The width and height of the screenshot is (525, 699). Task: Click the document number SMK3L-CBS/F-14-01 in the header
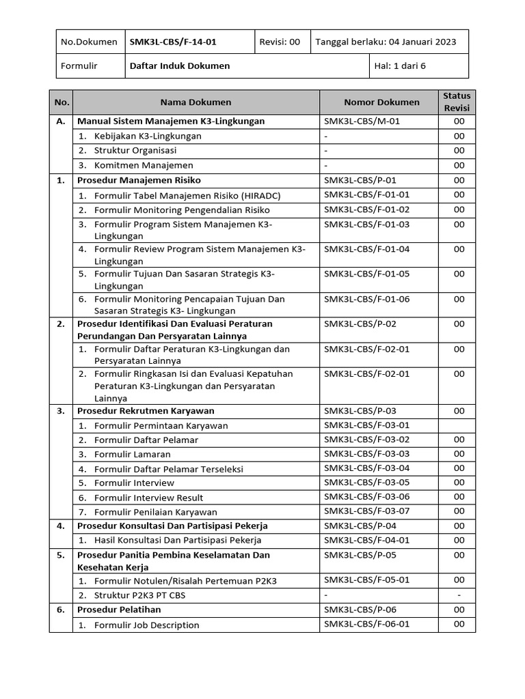point(173,42)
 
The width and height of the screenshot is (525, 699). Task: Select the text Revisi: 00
point(280,42)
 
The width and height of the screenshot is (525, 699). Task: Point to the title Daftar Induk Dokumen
point(180,66)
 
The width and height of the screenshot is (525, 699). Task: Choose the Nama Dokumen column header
point(196,102)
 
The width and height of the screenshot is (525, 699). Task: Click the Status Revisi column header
point(457,102)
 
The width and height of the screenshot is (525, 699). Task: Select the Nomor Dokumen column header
point(381,102)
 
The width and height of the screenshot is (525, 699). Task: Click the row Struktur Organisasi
point(135,150)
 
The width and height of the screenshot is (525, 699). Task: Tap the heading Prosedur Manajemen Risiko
point(139,180)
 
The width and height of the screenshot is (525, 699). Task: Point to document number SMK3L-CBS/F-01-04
point(366,249)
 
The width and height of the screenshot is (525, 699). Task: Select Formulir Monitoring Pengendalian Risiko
point(182,210)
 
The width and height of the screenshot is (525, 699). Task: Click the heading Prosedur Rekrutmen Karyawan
point(146,411)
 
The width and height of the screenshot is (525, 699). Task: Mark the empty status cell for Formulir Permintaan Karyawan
point(459,425)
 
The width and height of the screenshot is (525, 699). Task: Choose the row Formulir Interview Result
point(148,498)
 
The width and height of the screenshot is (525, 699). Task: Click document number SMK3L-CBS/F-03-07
point(366,511)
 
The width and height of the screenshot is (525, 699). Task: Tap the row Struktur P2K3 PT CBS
point(139,595)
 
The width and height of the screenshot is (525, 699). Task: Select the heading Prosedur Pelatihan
point(119,610)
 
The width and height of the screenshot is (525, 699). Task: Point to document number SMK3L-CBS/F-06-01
point(366,625)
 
